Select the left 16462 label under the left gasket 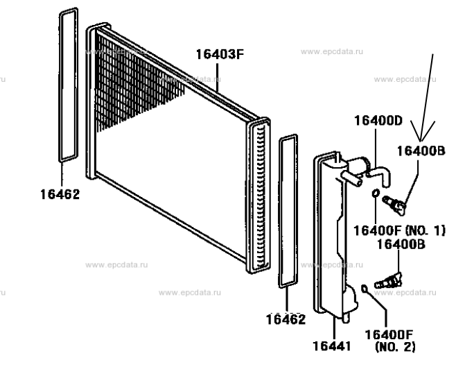click(x=60, y=195)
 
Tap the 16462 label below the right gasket click(x=285, y=320)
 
